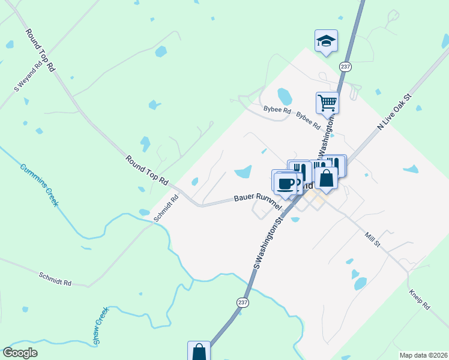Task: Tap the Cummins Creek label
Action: pyautogui.click(x=40, y=185)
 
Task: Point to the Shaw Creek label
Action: pyautogui.click(x=100, y=326)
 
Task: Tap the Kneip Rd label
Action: pyautogui.click(x=420, y=298)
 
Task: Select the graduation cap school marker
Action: pyautogui.click(x=326, y=41)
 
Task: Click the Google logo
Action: pyautogui.click(x=20, y=353)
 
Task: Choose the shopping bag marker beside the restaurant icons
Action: pyautogui.click(x=326, y=178)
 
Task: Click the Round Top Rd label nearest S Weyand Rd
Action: pyautogui.click(x=40, y=50)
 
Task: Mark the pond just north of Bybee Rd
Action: pyautogui.click(x=285, y=96)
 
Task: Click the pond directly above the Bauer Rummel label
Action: pyautogui.click(x=243, y=172)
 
